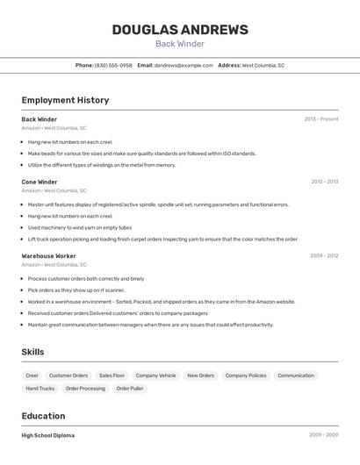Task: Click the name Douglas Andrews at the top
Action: click(x=180, y=30)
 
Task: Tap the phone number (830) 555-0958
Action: click(x=113, y=65)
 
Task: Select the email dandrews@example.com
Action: click(x=184, y=65)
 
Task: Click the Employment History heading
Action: click(x=65, y=100)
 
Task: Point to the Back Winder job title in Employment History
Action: click(x=40, y=119)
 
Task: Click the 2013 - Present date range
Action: click(x=321, y=119)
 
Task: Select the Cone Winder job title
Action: click(x=40, y=182)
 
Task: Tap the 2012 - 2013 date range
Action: click(x=324, y=182)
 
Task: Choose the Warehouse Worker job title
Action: click(x=49, y=256)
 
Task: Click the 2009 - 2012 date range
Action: click(x=324, y=256)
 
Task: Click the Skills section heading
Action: click(x=33, y=352)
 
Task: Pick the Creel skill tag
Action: click(x=32, y=376)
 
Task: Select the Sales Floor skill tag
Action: click(x=112, y=376)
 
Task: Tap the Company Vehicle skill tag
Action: click(x=155, y=376)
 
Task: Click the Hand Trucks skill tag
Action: click(x=40, y=388)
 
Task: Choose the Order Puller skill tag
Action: click(x=130, y=388)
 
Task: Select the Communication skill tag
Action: click(x=296, y=376)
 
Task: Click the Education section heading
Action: click(x=43, y=416)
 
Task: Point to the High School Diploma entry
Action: click(x=48, y=435)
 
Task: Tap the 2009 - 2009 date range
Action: click(x=324, y=435)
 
